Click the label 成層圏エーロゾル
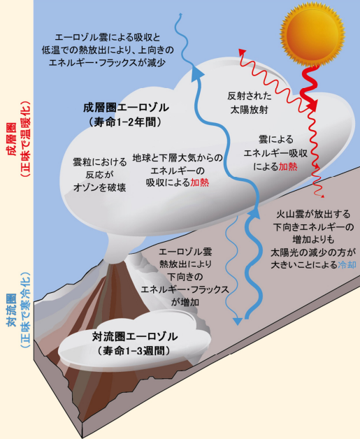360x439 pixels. [x=127, y=108]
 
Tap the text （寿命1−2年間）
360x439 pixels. [x=125, y=122]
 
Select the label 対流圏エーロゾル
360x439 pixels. [x=135, y=336]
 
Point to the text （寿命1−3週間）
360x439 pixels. [x=134, y=350]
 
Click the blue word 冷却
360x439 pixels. [x=347, y=264]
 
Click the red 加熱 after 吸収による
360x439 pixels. [x=200, y=182]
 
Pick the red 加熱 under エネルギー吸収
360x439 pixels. [x=288, y=167]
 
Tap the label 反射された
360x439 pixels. [x=250, y=96]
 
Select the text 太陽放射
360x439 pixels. [x=250, y=110]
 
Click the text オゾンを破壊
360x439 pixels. [x=100, y=187]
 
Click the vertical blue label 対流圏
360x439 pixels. [x=12, y=311]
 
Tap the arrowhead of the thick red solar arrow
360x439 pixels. [x=312, y=103]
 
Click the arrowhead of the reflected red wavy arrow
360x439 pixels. [x=242, y=52]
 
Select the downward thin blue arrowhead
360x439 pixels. [x=238, y=321]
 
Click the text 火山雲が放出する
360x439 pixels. [x=313, y=214]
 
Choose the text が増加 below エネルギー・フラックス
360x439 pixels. [x=185, y=302]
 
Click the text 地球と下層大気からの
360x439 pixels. [x=178, y=158]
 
